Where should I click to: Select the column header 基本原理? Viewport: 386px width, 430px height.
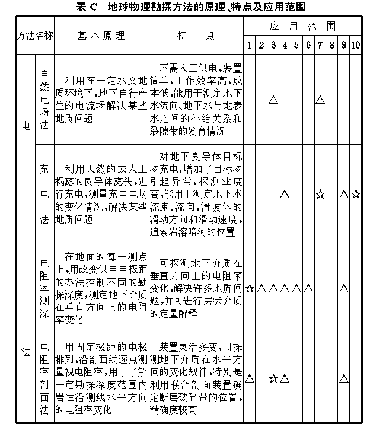101,36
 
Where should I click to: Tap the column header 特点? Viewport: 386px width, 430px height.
196,36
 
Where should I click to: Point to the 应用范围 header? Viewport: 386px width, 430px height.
302,27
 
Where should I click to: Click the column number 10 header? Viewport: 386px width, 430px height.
355,45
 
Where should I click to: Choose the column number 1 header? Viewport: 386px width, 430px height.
250,45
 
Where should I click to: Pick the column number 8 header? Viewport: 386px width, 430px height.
331,45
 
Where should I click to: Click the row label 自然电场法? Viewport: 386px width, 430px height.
44,99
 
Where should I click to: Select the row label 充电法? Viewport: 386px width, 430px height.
44,193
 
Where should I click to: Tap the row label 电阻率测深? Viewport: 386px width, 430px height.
44,288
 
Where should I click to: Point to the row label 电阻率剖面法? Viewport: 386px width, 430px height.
44,377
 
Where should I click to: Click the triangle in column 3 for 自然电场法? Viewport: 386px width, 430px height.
273,100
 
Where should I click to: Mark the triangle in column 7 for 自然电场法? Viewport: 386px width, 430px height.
320,100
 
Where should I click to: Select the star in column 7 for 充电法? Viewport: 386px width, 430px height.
320,194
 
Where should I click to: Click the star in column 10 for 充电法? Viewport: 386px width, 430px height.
355,194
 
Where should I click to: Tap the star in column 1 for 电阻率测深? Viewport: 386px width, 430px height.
250,289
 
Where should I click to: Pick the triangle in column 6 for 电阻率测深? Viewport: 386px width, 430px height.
308,289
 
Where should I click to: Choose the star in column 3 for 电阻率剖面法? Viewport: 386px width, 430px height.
273,378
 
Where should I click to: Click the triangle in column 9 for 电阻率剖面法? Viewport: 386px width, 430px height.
344,378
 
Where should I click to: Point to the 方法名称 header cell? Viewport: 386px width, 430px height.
35,36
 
